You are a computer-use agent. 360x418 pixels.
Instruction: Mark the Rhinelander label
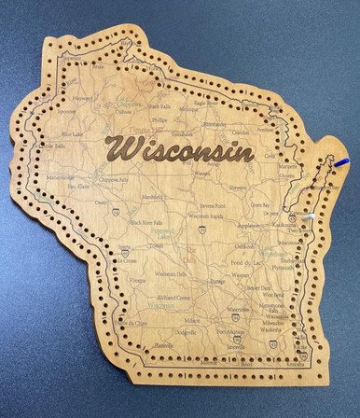coord(215,123)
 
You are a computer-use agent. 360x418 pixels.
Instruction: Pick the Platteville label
coord(164,345)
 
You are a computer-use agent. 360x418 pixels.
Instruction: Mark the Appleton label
coord(248,226)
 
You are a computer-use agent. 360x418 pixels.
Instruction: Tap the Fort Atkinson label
coord(228,330)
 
